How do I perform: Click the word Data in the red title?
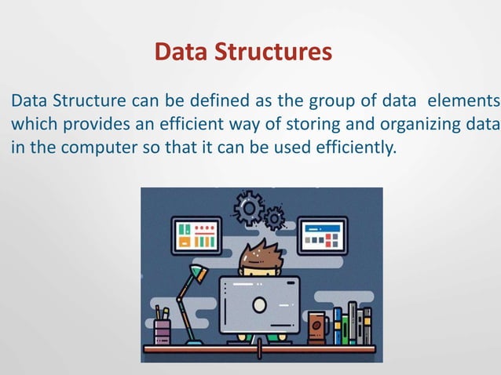coord(178,53)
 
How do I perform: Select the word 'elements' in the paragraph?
coord(467,101)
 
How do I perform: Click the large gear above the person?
coord(251,209)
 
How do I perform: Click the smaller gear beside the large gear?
coord(274,217)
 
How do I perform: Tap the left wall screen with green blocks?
coord(196,235)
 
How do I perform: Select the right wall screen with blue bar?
coord(321,235)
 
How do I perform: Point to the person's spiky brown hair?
coord(259,257)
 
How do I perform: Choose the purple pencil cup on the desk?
coord(163,329)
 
